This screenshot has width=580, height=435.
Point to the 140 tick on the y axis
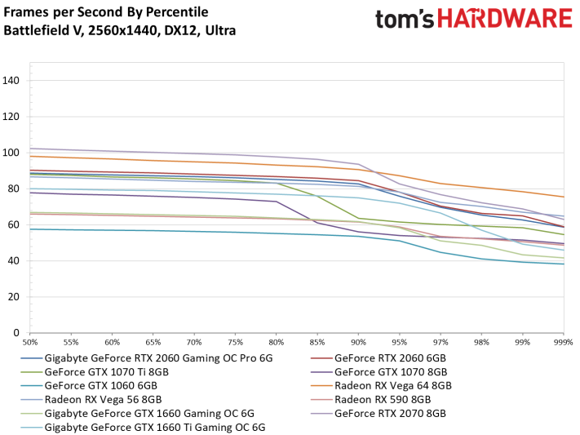pyautogui.click(x=11, y=80)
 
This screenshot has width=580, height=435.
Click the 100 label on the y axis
pyautogui.click(x=11, y=153)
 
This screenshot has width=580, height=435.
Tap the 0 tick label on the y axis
pyautogui.click(x=15, y=333)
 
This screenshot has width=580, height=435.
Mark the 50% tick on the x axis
pyautogui.click(x=30, y=343)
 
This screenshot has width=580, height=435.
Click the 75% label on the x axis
pyautogui.click(x=235, y=343)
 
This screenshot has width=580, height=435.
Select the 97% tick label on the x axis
pyautogui.click(x=441, y=343)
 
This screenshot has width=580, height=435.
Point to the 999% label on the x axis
pyautogui.click(x=563, y=343)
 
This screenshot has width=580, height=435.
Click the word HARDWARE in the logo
pyautogui.click(x=505, y=19)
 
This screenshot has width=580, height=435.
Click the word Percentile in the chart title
pyautogui.click(x=177, y=12)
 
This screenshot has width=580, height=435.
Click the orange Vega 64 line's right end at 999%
pyautogui.click(x=564, y=197)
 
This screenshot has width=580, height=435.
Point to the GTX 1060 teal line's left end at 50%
pyautogui.click(x=30, y=229)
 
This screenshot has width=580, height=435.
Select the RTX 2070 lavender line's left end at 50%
pyautogui.click(x=30, y=149)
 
